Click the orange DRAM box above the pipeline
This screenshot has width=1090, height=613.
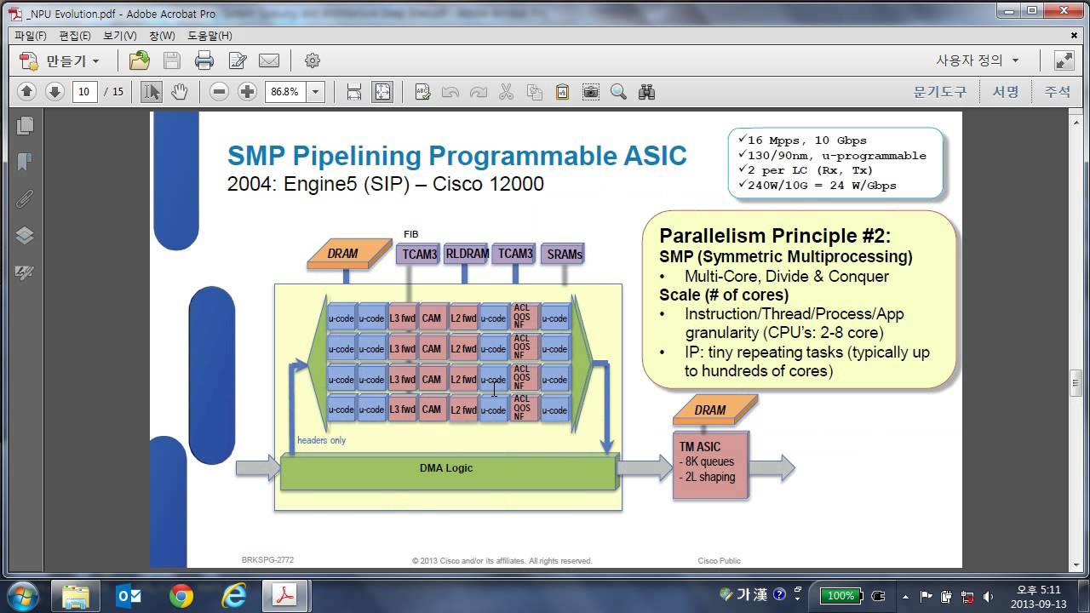tap(342, 254)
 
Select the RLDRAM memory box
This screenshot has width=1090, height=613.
tap(467, 254)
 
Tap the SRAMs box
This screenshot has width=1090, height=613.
tap(565, 254)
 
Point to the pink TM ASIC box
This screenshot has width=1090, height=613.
tap(710, 465)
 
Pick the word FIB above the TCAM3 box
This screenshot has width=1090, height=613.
tap(411, 234)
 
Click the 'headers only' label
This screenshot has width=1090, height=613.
tap(321, 440)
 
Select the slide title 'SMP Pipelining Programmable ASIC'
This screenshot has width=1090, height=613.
tap(456, 156)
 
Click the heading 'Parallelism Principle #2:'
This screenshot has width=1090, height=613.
tap(775, 236)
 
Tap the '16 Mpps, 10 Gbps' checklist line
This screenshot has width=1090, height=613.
tap(806, 140)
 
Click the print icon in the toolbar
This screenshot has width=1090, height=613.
tap(204, 60)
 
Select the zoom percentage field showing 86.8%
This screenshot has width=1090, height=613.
tap(284, 92)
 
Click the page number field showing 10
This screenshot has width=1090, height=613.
tap(84, 92)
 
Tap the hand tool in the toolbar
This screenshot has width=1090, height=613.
tap(179, 92)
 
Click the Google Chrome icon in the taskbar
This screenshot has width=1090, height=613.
tap(181, 596)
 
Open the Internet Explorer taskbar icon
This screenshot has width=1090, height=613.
tap(233, 596)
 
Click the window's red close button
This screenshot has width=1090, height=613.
tap(1061, 11)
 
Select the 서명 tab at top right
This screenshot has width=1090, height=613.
tap(1006, 92)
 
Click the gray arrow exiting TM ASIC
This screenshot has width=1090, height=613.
tap(773, 467)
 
